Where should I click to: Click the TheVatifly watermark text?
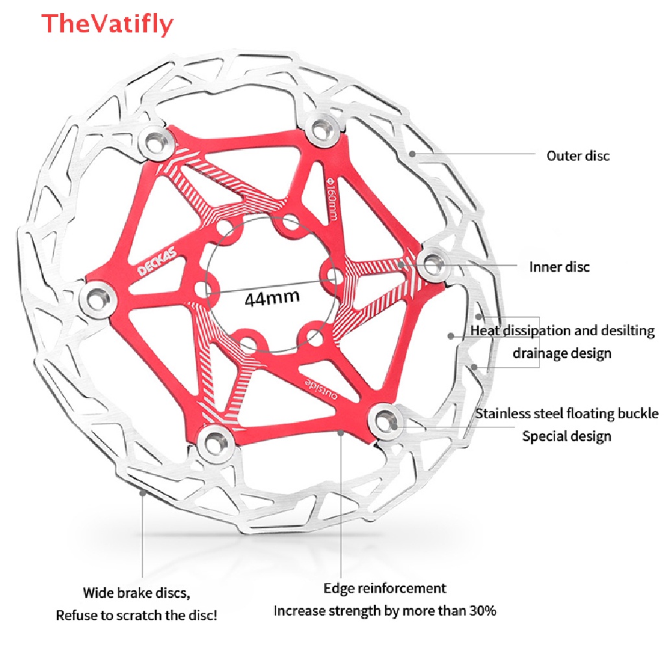108,24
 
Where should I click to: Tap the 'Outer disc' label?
578,156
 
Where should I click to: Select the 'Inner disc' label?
560,267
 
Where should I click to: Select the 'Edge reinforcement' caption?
385,588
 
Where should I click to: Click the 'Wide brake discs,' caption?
137,592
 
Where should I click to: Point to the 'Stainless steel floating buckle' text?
567,414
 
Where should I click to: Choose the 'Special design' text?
567,436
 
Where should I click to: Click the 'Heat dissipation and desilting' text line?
562,331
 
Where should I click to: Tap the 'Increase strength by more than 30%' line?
385,610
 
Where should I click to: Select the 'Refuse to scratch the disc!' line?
137,615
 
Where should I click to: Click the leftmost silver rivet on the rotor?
97,297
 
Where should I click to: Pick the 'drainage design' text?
562,353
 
